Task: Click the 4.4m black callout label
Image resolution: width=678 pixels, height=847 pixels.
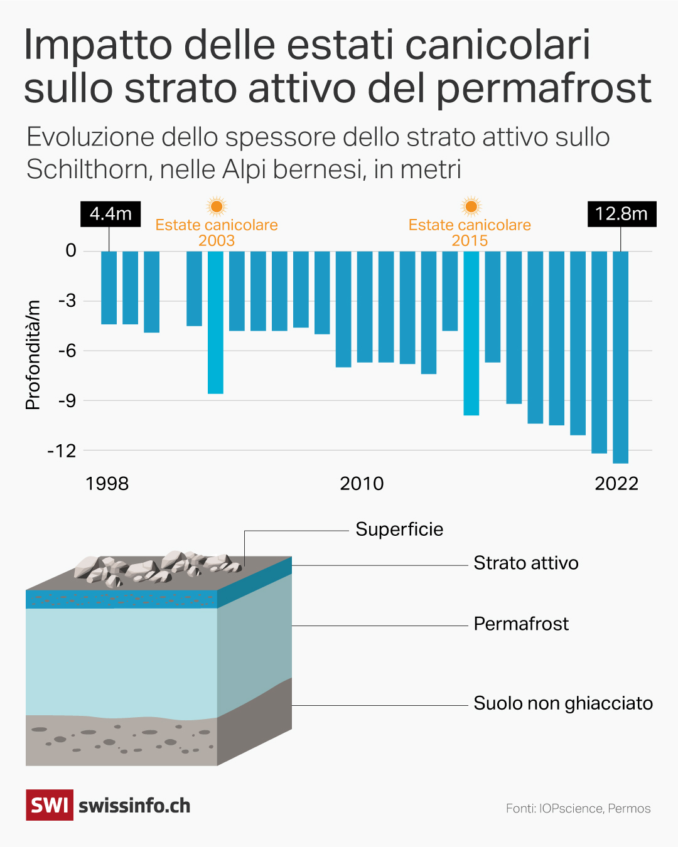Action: tap(110, 214)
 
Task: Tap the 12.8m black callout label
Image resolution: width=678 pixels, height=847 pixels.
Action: tap(621, 214)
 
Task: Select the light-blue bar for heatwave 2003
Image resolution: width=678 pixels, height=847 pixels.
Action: tap(216, 322)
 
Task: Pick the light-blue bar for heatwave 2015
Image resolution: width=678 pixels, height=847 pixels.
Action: tap(471, 333)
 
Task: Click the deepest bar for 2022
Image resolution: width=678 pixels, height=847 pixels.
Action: tap(620, 357)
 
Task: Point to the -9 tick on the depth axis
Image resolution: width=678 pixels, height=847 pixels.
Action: tap(67, 400)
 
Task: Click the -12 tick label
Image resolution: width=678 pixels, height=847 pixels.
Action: tap(62, 450)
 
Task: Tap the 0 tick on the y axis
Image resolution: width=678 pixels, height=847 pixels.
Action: tap(71, 251)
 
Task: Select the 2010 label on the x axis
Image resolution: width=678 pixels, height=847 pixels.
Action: tap(362, 484)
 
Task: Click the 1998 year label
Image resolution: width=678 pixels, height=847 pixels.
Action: tap(107, 484)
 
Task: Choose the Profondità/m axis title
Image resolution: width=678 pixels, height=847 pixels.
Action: tap(33, 355)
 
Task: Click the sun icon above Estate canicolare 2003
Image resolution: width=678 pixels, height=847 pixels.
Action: tap(217, 206)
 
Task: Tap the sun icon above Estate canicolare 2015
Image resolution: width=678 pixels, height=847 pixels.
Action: tap(471, 206)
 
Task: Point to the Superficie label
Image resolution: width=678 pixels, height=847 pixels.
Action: tap(399, 530)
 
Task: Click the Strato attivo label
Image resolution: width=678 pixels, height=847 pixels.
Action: tap(525, 563)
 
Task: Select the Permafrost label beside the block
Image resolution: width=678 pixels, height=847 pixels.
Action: tap(521, 624)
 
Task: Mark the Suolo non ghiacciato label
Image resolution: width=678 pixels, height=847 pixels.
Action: tap(563, 703)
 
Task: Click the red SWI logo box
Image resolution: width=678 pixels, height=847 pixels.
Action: tap(50, 805)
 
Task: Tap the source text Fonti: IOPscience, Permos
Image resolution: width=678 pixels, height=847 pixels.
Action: tap(578, 809)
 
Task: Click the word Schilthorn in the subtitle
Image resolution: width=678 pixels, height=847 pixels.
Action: tap(89, 169)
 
